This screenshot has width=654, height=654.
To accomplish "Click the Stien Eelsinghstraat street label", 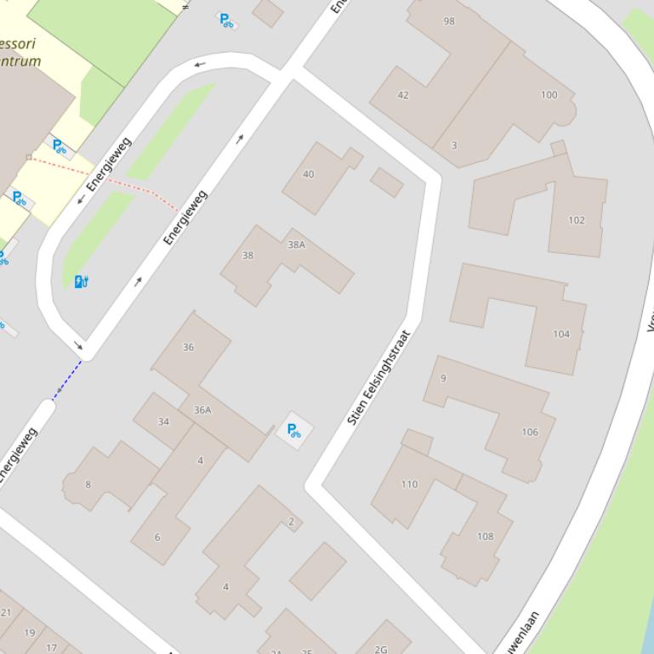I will pyautogui.click(x=379, y=377).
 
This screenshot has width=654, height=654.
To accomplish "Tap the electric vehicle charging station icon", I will pyautogui.click(x=82, y=281).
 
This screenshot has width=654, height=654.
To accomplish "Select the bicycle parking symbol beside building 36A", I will pyautogui.click(x=293, y=430).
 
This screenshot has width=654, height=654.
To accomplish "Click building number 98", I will pyautogui.click(x=449, y=21).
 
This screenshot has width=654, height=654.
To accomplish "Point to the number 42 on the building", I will pyautogui.click(x=403, y=95).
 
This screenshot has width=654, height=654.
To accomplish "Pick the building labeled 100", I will pyautogui.click(x=549, y=94).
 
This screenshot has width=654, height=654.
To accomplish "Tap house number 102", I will pyautogui.click(x=577, y=220).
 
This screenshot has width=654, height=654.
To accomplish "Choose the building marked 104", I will pyautogui.click(x=561, y=334).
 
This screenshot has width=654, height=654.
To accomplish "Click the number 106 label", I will pyautogui.click(x=530, y=432).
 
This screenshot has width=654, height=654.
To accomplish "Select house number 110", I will pyautogui.click(x=409, y=484).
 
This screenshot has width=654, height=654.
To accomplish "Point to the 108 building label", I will pyautogui.click(x=485, y=536).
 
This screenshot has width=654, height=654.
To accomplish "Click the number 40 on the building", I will pyautogui.click(x=308, y=174).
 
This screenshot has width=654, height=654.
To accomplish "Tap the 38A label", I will pyautogui.click(x=296, y=245).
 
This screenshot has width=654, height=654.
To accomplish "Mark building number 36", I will pyautogui.click(x=188, y=347).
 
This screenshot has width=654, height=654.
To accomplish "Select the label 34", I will pyautogui.click(x=163, y=421).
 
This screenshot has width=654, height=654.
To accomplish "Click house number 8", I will pyautogui.click(x=88, y=484).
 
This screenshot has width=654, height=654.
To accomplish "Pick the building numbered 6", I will pyautogui.click(x=156, y=537).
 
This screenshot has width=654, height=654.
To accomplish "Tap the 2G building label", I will pyautogui.click(x=380, y=650).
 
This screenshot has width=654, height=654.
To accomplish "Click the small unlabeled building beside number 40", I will pyautogui.click(x=387, y=182).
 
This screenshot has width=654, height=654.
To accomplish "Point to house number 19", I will pyautogui.click(x=30, y=632).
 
